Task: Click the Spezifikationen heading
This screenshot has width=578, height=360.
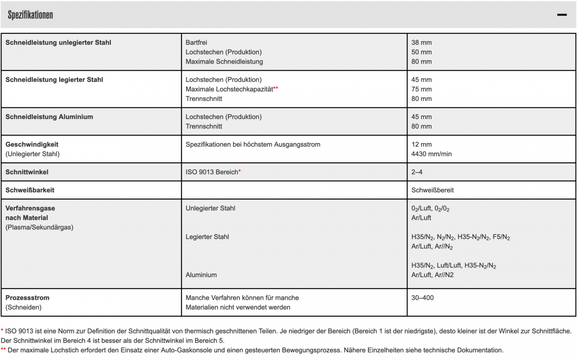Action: point(30,15)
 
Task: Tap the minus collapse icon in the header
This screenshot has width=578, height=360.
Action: point(562,15)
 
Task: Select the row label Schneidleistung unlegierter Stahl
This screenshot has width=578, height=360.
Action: point(58,42)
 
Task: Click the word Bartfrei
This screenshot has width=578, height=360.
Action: point(197,42)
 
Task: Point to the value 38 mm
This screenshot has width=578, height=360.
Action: point(421,42)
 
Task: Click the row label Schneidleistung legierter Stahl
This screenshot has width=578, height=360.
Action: point(54,80)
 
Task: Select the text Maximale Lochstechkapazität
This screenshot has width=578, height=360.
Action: point(229,89)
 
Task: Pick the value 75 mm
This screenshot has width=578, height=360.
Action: point(421,89)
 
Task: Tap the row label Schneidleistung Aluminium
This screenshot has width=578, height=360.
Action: point(49,117)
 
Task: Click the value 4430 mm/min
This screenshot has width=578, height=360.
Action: point(432,154)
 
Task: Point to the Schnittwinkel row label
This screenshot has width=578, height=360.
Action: point(27,172)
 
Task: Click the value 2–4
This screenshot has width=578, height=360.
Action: point(417,172)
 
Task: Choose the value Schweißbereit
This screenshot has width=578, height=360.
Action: point(433,190)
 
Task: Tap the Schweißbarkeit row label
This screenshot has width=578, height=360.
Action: point(30,190)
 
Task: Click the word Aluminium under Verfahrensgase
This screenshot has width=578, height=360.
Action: point(201,275)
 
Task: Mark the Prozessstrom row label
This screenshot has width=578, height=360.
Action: point(27,298)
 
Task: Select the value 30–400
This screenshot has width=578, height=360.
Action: point(422,298)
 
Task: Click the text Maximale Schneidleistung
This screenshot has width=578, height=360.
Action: point(224,61)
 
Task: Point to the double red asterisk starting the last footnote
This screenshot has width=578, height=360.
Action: point(3,350)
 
